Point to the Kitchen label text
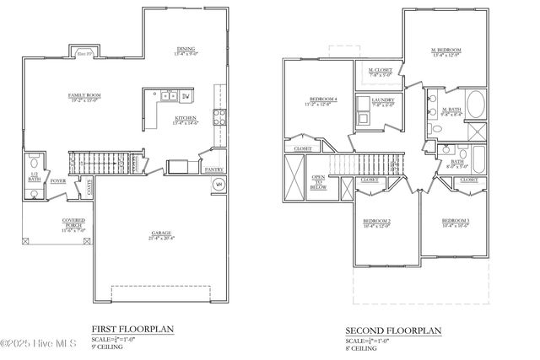point(186,119)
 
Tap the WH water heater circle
point(218,184)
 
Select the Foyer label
point(57,180)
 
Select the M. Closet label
point(381,71)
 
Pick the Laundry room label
point(383,102)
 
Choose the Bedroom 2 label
point(376,222)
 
